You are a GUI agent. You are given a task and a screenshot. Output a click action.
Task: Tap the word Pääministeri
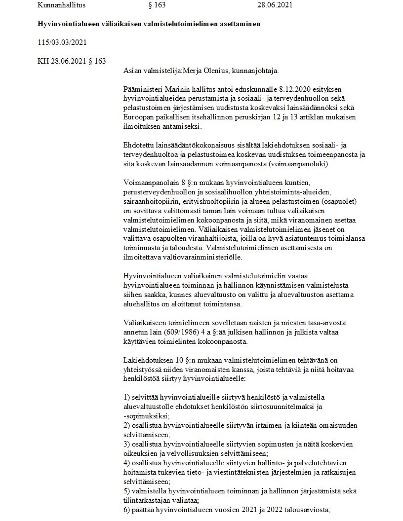[x=143, y=90]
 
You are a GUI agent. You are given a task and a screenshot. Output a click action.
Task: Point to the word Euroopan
[x=138, y=117]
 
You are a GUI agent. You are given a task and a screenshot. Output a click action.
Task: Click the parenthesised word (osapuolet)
[x=339, y=201]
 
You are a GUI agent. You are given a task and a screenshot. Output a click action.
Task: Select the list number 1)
[x=126, y=397]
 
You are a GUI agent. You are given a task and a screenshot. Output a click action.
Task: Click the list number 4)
[x=126, y=463]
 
